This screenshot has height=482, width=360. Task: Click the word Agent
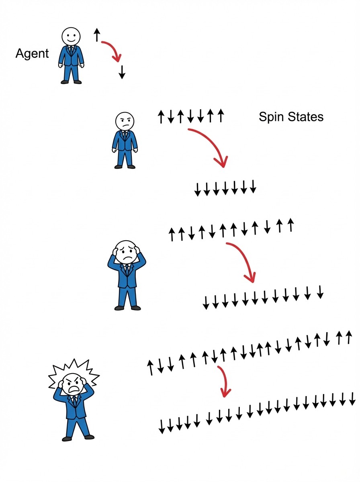(32, 53)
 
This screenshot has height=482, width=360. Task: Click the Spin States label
(291, 117)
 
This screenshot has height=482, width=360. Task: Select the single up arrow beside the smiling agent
(96, 35)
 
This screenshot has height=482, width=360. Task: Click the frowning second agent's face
(125, 121)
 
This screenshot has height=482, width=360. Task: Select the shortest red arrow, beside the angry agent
(223, 381)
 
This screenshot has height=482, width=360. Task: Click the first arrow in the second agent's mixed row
(161, 117)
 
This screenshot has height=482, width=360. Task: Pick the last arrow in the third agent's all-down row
(320, 292)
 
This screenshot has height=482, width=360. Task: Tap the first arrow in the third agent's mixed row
(172, 234)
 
